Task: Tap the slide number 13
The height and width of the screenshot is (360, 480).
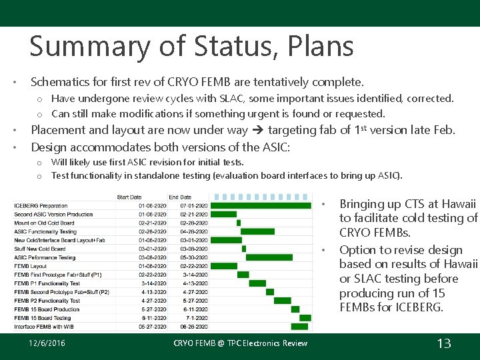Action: tap(443, 343)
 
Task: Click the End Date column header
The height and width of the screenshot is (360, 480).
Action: tap(180, 197)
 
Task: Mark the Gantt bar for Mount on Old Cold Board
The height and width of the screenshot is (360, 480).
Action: tap(238, 223)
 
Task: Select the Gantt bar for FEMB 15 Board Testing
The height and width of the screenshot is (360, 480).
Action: tap(301, 318)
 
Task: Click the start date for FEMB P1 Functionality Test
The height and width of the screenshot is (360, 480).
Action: tap(155, 283)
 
